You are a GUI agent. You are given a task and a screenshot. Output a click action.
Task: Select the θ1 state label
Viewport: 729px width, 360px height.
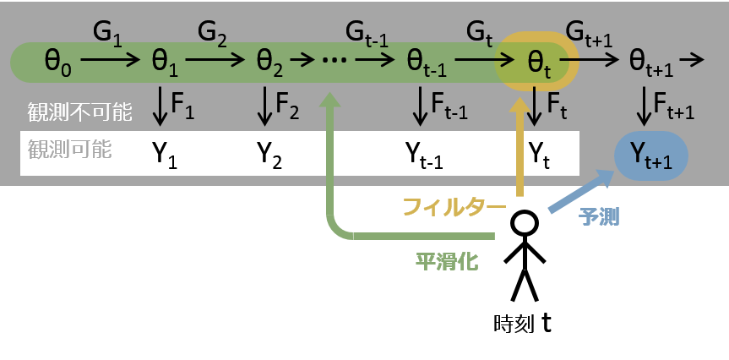coord(164,61)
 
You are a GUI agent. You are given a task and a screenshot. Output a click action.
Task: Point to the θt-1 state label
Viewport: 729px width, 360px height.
coord(426,62)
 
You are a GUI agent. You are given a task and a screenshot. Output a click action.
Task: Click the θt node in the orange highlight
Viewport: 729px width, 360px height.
coord(539,62)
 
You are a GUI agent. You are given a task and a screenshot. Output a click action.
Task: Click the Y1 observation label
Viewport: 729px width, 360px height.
coord(164,154)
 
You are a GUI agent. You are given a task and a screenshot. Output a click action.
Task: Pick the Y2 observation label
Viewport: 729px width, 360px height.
coord(269,154)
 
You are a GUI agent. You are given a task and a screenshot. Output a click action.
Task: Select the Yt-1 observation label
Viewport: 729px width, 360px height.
coord(426,154)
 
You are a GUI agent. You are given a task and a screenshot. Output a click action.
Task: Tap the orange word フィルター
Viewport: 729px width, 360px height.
coord(453,207)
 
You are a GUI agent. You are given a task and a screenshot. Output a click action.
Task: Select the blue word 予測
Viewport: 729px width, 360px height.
coord(598,216)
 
